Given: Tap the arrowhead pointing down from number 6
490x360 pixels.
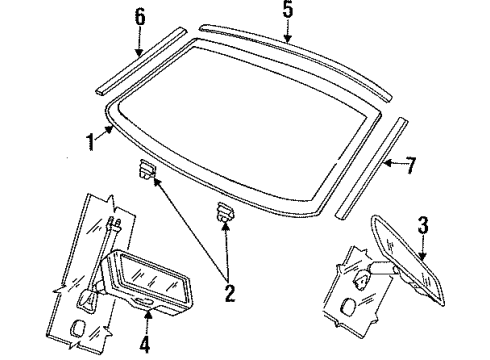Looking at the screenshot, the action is pyautogui.click(x=140, y=50).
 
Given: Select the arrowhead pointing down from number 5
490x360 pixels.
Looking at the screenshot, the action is pyautogui.click(x=289, y=39).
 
